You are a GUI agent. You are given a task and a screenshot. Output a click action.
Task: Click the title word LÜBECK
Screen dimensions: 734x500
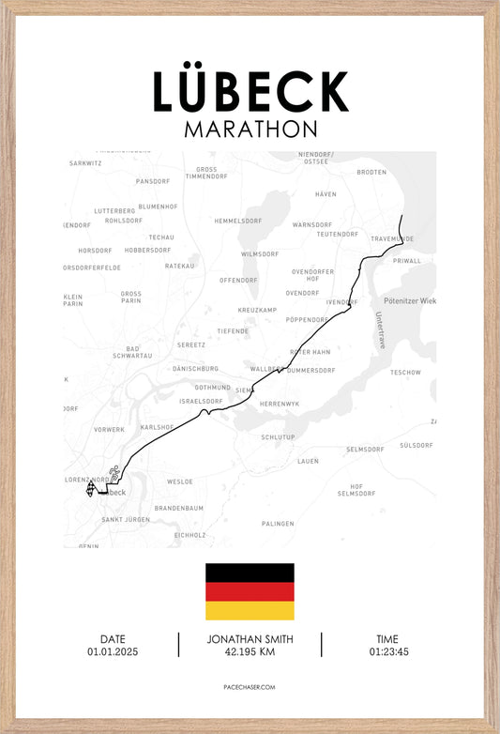pyautogui.click(x=250, y=92)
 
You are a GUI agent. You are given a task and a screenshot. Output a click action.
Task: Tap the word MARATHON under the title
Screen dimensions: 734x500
pyautogui.click(x=250, y=129)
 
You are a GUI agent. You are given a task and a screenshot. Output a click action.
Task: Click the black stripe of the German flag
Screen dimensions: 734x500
pyautogui.click(x=250, y=573)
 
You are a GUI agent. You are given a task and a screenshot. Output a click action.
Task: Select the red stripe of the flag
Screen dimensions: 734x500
pyautogui.click(x=250, y=591)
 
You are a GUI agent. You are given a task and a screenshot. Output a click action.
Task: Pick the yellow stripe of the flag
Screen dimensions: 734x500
pyautogui.click(x=250, y=610)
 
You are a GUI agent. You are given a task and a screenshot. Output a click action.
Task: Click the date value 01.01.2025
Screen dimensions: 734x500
pyautogui.click(x=113, y=651)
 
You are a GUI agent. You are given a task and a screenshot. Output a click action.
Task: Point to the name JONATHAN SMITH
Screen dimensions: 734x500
pyautogui.click(x=250, y=639)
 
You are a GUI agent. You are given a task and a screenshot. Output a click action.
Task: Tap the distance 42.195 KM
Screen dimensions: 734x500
pyautogui.click(x=250, y=651)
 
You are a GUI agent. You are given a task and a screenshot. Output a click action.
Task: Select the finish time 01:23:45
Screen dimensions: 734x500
pyautogui.click(x=388, y=651)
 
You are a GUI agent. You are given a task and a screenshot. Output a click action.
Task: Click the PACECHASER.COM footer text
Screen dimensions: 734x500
pyautogui.click(x=250, y=687)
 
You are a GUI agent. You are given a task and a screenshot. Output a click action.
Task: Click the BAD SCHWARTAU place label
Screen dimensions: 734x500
pyautogui.click(x=127, y=353)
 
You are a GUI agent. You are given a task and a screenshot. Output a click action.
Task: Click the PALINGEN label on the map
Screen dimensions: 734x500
pyautogui.click(x=278, y=523)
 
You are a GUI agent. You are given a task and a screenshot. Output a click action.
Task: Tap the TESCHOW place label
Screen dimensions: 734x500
pyautogui.click(x=405, y=372)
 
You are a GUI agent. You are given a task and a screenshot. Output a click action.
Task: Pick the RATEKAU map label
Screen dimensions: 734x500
pyautogui.click(x=179, y=266)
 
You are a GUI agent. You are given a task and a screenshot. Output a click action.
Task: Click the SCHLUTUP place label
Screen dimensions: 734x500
pyautogui.click(x=278, y=437)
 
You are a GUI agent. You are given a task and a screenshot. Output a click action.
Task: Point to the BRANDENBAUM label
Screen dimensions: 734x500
pyautogui.click(x=178, y=508)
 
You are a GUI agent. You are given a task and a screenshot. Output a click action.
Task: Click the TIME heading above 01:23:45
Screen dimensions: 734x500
pyautogui.click(x=388, y=639)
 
